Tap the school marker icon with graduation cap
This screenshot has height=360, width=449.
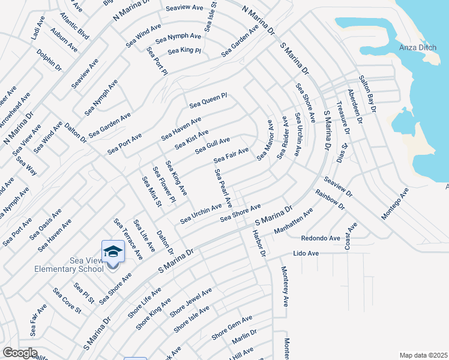(x=113, y=251)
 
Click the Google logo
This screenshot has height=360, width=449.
(x=20, y=353)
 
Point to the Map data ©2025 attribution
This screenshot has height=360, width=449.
(x=423, y=355)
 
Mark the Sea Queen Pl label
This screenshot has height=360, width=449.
(x=208, y=100)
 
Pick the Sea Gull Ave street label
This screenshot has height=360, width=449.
(x=212, y=145)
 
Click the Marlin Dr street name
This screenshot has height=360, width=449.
(x=244, y=336)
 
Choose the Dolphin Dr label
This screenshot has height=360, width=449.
(x=49, y=59)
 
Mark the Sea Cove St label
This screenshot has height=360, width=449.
(x=67, y=300)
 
